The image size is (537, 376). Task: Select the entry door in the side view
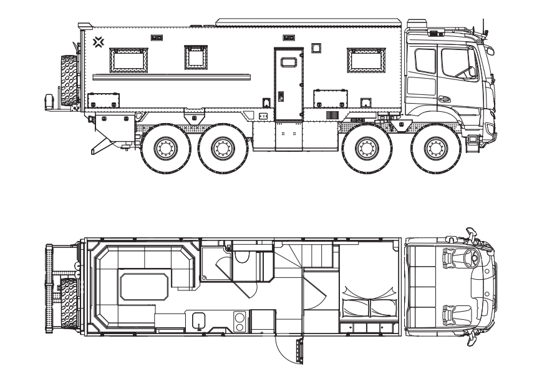coord(288,84)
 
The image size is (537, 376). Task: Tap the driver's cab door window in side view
coord(458,63)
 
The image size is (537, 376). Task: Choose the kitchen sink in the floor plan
coord(199,320)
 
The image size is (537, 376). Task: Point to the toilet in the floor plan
coord(243,255)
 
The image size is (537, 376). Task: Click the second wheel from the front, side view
coord(367,149)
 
